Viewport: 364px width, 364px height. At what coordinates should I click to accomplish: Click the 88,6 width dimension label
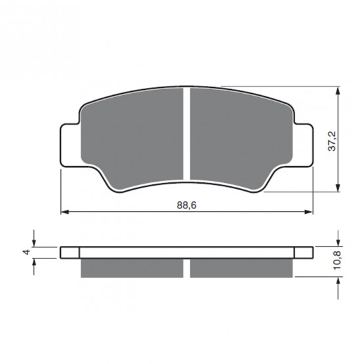click(x=187, y=205)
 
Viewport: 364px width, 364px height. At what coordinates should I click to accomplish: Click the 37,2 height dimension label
click(x=332, y=141)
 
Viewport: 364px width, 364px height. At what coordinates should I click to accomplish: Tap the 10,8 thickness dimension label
click(x=337, y=260)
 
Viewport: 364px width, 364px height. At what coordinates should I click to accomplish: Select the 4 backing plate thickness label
click(x=27, y=252)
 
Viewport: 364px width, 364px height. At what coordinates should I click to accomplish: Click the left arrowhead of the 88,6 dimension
click(x=65, y=212)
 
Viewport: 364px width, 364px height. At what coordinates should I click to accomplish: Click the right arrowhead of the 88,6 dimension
click(x=309, y=212)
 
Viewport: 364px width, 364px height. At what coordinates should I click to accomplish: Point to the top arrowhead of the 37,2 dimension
click(x=338, y=91)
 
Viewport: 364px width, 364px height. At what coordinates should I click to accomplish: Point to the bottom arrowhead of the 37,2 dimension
click(x=338, y=188)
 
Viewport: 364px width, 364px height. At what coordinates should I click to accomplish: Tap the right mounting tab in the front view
click(x=303, y=145)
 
